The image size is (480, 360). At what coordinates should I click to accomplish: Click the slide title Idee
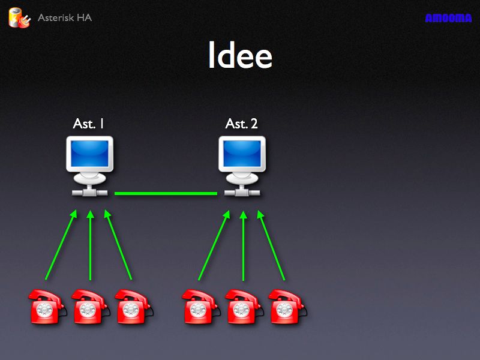(240, 55)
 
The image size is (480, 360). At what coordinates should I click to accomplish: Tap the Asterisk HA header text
(65, 17)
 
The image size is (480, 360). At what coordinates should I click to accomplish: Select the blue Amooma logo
(448, 18)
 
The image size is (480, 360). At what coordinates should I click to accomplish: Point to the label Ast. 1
(88, 124)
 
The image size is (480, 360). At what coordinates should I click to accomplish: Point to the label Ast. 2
(241, 124)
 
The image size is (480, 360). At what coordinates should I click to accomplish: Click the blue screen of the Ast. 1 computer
(89, 154)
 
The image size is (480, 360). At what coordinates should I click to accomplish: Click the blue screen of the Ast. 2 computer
(242, 154)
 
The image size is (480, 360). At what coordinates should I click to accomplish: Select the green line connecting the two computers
(166, 193)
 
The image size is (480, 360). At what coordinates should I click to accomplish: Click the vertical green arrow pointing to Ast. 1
(90, 245)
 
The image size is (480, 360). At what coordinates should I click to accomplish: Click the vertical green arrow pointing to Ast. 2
(244, 245)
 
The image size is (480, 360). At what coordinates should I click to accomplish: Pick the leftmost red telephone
(47, 306)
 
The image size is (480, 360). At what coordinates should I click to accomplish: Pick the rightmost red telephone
(287, 306)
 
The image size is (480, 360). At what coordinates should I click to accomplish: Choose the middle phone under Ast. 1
(91, 306)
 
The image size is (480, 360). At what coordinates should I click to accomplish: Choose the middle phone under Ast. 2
(244, 306)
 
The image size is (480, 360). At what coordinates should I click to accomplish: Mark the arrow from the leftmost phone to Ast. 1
(61, 245)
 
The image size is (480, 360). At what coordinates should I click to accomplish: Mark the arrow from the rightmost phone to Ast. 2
(271, 245)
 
